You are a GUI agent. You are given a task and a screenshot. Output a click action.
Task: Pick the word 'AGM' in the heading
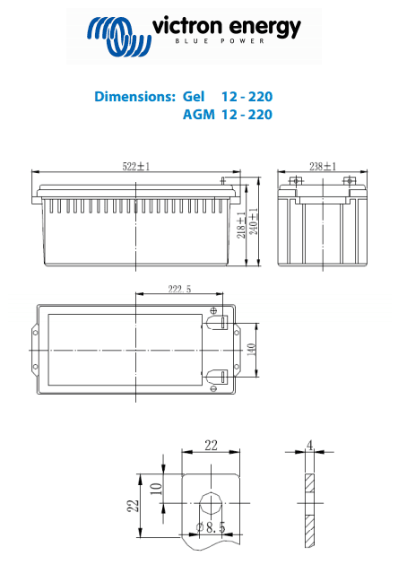click(199, 115)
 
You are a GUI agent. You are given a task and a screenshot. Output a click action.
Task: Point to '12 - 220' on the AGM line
click(247, 115)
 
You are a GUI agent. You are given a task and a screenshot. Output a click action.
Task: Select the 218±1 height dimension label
click(241, 222)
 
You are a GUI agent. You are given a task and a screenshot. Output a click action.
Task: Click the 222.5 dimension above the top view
click(179, 289)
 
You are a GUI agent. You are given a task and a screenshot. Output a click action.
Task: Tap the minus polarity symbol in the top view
click(214, 388)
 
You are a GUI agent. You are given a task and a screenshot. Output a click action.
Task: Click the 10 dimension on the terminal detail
click(155, 488)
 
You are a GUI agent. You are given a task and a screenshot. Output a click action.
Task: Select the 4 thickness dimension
click(309, 446)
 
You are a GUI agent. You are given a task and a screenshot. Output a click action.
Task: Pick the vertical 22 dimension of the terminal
click(132, 506)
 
